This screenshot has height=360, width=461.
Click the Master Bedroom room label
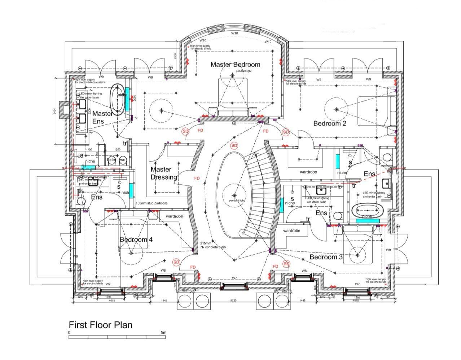tap(235, 65)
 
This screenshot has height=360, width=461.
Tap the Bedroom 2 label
tap(330, 123)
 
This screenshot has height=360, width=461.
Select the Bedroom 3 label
tap(326, 257)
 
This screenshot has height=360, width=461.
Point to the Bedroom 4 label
tap(136, 240)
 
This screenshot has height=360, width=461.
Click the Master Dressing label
tap(163, 173)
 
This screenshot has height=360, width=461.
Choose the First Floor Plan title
tap(101, 325)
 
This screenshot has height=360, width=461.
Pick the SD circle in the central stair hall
tap(234, 146)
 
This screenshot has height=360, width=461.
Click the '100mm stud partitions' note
tap(152, 203)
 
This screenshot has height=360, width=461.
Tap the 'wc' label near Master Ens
tap(122, 160)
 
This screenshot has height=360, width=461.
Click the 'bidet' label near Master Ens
tap(111, 160)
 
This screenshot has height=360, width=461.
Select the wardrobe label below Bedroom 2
tap(308, 172)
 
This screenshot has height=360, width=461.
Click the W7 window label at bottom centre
tap(234, 278)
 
